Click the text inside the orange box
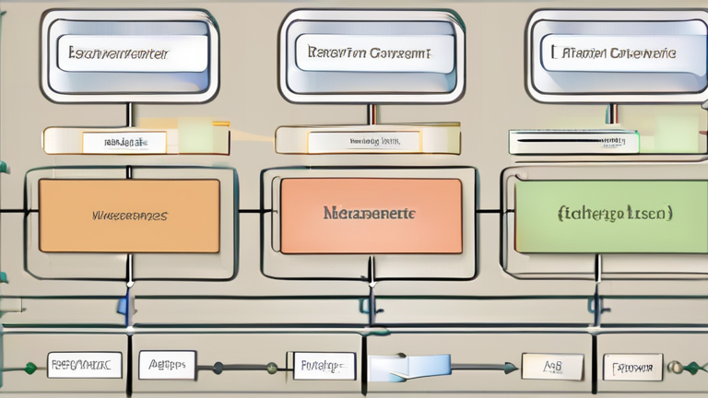[x=129, y=216]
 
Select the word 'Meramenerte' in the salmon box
[x=369, y=213]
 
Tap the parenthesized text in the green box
[x=615, y=213]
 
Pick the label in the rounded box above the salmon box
[x=369, y=53]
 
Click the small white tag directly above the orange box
[x=124, y=142]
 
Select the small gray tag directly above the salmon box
[x=363, y=141]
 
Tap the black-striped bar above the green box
[x=572, y=141]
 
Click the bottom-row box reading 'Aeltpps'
[x=167, y=365]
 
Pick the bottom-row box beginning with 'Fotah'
[x=321, y=366]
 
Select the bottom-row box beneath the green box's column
[x=632, y=367]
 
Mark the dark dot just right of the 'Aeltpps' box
[x=218, y=368]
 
